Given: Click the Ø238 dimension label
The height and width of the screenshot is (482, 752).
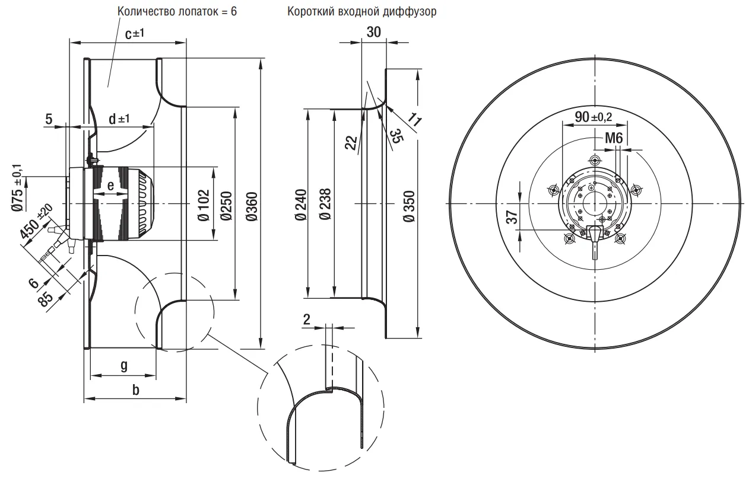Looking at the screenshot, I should tap(324, 205).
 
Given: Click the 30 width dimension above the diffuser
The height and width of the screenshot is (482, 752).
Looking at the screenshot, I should tap(373, 33).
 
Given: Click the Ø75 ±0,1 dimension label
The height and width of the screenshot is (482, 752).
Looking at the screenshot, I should tap(19, 187).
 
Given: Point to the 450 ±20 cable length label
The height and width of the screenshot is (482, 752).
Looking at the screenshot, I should tap(35, 224).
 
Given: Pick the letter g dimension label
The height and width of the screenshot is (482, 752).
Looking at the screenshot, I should tap(123, 365).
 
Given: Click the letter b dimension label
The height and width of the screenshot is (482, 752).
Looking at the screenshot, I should tap(135, 391).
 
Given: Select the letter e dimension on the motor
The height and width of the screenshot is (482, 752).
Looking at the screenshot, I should tap(110, 184).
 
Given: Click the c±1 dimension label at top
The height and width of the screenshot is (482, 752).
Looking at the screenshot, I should tap(135, 34).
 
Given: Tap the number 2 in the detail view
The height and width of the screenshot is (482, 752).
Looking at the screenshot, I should tap(306, 318).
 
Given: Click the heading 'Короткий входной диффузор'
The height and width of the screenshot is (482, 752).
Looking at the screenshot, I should tap(361, 12).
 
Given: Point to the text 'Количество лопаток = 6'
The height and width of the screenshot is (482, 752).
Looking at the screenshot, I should tap(177, 12).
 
